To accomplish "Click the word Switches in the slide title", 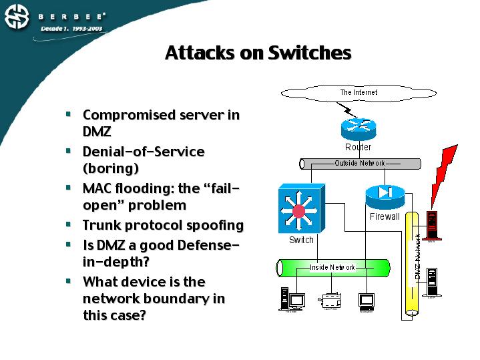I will [x=310, y=53].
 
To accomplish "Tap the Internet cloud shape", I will [x=358, y=93].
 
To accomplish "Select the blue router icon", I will [x=358, y=128].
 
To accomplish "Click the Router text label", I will [x=358, y=147].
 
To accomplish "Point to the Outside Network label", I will [x=360, y=164].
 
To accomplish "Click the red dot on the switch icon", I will [x=298, y=211].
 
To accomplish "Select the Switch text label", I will [x=302, y=240].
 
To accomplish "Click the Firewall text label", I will [x=385, y=216].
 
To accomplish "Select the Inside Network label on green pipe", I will [x=332, y=267].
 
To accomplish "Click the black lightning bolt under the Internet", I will [x=347, y=109].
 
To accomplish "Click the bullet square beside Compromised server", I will [x=68, y=114].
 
